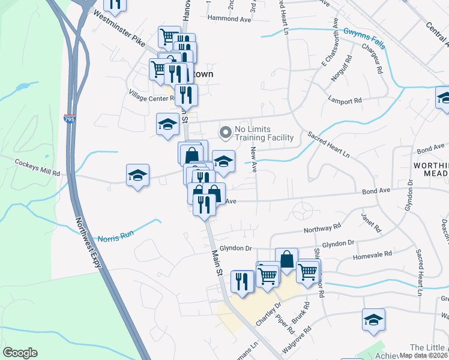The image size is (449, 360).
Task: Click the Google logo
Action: (20, 353)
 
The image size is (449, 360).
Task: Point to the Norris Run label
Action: (115, 236)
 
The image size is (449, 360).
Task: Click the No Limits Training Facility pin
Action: (226, 131)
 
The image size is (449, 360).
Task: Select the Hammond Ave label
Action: (229, 19)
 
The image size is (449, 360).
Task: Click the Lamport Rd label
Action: (346, 100)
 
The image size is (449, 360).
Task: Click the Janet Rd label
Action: (372, 223)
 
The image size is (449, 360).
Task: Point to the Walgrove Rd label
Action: (298, 338)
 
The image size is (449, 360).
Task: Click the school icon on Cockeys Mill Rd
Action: (138, 175)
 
